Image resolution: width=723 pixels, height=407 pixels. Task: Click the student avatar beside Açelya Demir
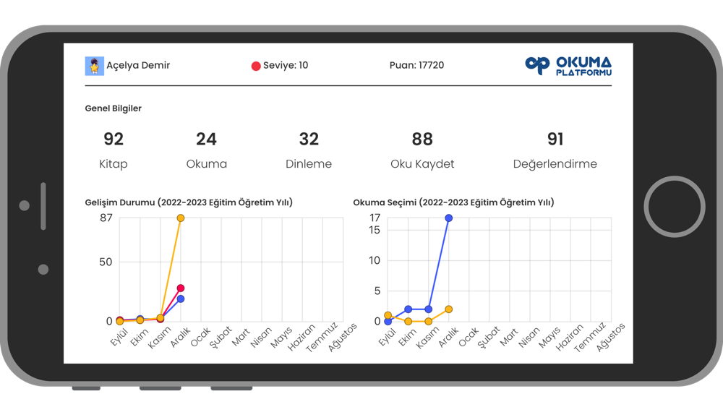point(94,66)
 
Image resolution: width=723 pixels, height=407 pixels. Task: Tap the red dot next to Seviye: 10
point(255,66)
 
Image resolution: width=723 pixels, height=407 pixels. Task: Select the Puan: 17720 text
point(416,65)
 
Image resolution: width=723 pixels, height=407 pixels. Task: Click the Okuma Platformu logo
point(568,66)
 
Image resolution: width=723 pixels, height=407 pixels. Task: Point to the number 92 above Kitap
point(114,139)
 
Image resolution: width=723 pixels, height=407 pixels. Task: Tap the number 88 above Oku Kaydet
point(422,139)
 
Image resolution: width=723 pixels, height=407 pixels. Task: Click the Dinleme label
point(309,164)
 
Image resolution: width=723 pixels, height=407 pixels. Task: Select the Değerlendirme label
point(555,164)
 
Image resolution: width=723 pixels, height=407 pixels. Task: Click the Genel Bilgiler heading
point(114,108)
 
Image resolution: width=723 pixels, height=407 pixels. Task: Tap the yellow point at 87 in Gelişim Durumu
point(181,218)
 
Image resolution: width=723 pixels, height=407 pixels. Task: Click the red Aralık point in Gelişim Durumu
point(181,288)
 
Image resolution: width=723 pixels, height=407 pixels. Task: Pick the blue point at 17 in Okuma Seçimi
point(448,218)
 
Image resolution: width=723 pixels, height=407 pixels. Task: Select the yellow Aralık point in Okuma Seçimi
point(448,309)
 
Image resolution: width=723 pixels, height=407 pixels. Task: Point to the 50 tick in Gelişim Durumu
point(106,262)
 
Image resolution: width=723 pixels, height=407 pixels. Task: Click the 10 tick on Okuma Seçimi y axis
point(374,260)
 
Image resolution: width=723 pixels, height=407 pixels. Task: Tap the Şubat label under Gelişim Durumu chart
point(220,336)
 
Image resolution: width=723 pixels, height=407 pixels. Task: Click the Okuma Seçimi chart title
point(453,203)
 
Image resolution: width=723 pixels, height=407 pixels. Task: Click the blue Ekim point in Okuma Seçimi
point(408,309)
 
